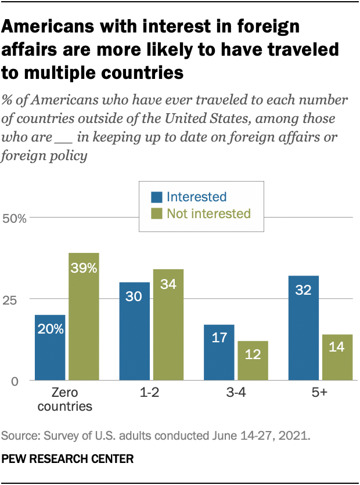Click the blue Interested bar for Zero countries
click(50, 348)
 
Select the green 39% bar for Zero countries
click(84, 317)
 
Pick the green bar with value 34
click(168, 325)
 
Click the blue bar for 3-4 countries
click(219, 353)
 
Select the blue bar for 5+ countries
click(304, 328)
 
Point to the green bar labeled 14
click(337, 357)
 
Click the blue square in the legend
click(157, 197)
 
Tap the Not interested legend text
click(208, 213)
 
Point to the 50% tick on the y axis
click(15, 219)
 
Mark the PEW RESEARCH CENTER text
click(68, 459)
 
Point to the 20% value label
click(50, 330)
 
